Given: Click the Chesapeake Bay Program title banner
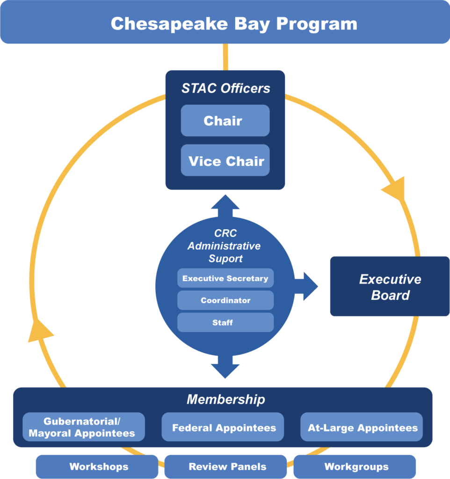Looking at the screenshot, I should [x=225, y=22].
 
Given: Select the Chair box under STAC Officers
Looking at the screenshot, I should [x=225, y=121].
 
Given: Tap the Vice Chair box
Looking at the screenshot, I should [x=225, y=160].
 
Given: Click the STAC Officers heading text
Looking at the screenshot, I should [x=225, y=88].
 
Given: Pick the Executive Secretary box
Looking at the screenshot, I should [x=225, y=278].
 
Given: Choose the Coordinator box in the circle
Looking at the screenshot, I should [x=225, y=300].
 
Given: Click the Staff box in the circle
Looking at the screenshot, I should [x=225, y=322].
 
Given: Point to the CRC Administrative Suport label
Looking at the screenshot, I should [x=225, y=246].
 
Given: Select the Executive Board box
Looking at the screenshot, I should [x=390, y=286].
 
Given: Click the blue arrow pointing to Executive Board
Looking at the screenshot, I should [x=306, y=285].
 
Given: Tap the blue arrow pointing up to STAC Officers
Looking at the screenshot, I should [x=225, y=204].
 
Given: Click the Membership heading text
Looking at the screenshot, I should [x=225, y=399].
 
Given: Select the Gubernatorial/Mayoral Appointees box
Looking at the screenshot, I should [x=83, y=427].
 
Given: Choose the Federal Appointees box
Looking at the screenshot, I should [x=223, y=427].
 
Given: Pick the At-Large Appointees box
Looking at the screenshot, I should [x=362, y=427].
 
